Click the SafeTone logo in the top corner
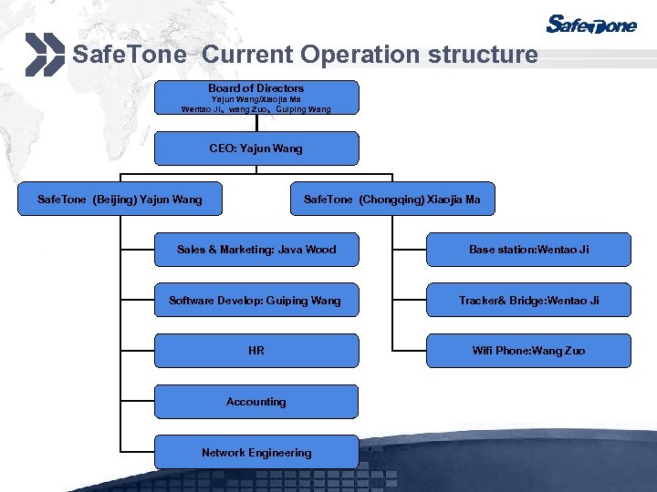[x=591, y=25]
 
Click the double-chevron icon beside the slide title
[x=45, y=54]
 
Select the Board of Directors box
[x=256, y=97]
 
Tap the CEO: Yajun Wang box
[x=256, y=149]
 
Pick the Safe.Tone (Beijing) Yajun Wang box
[x=120, y=199]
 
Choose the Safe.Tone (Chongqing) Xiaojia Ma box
[x=392, y=199]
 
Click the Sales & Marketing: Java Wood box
[x=256, y=250]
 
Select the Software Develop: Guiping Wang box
[x=256, y=301]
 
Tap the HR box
[x=256, y=351]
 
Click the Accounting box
[x=256, y=402]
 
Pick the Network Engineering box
[x=256, y=453]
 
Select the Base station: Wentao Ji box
[x=528, y=250]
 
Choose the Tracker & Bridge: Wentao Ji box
[x=528, y=301]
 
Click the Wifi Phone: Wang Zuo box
[x=528, y=351]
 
